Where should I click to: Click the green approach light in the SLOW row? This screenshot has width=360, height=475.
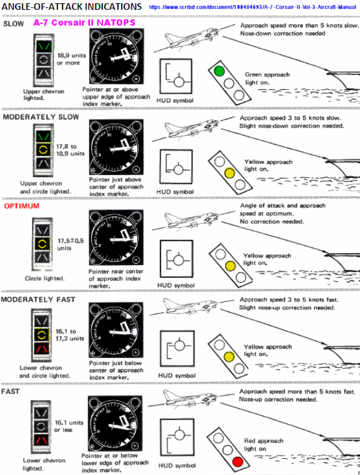tap(219, 71)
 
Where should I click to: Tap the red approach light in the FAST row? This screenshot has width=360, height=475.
tap(238, 462)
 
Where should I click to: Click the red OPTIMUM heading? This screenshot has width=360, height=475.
tap(22, 206)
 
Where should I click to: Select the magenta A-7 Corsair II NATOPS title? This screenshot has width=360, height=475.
tap(84, 23)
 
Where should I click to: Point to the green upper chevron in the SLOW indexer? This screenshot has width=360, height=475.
tap(43, 46)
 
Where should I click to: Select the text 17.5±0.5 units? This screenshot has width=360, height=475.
tap(71, 244)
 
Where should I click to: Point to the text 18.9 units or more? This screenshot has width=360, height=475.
tap(71, 59)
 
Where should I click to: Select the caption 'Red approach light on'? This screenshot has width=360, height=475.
tap(263, 444)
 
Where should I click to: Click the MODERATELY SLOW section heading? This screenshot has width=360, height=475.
tap(41, 117)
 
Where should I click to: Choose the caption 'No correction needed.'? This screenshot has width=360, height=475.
tap(272, 222)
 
